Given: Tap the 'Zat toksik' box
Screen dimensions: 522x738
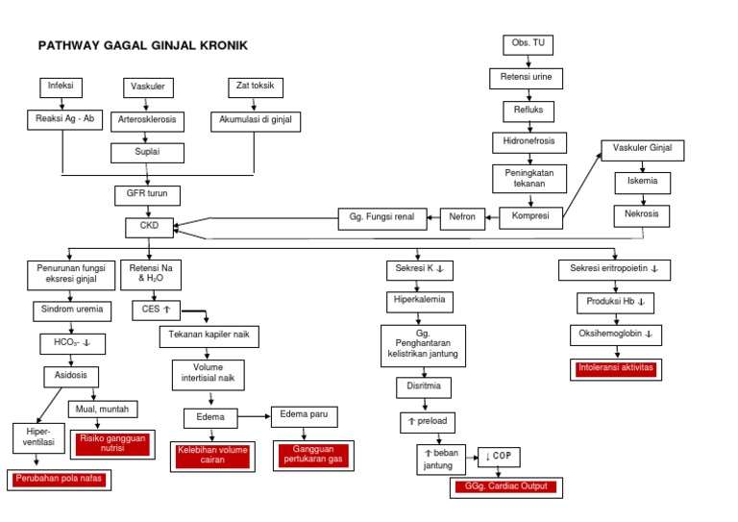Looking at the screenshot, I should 255,87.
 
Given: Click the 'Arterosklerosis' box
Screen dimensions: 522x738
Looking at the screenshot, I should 147,121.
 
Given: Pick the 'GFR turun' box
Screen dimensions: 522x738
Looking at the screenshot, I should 147,193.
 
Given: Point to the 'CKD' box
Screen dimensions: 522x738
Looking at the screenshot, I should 149,228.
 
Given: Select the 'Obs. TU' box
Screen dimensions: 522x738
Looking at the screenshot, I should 528,44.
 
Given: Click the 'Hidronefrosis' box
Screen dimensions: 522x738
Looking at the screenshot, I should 529,142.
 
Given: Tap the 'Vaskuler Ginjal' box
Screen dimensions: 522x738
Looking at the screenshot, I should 642,150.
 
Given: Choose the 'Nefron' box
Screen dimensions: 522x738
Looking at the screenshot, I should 462,217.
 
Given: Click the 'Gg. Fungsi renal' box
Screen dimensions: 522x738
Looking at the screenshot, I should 382,217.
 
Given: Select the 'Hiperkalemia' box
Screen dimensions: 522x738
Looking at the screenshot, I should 419,301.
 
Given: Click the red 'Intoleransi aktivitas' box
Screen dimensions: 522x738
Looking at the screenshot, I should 615,369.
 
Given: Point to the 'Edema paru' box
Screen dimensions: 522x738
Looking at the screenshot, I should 303,415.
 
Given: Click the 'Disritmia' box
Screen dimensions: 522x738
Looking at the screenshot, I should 422,387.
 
